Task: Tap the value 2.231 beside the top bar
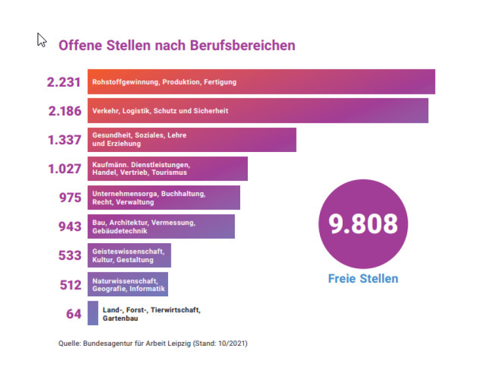coord(63,83)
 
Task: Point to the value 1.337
coord(65,140)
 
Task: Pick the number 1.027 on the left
coord(65,169)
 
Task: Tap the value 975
coord(70,198)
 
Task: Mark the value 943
coord(70,226)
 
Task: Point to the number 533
coord(70,255)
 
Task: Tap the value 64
coord(74,314)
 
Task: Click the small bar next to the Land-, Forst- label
coord(93,313)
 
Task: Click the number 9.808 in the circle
coord(363,224)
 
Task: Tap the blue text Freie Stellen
coord(363,279)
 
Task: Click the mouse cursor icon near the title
coord(41,40)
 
